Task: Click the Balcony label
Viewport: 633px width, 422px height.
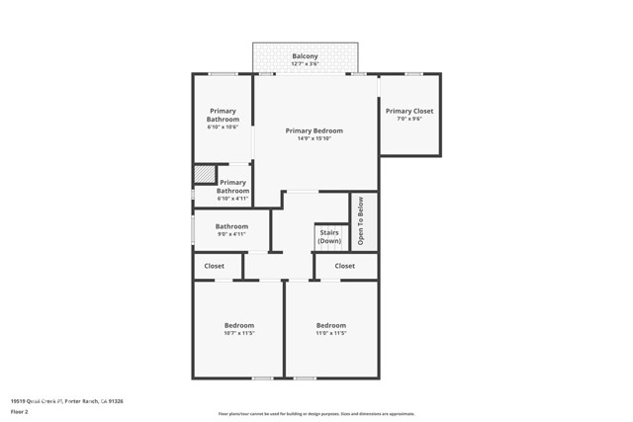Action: (305, 56)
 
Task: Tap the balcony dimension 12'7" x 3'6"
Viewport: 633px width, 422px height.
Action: (305, 64)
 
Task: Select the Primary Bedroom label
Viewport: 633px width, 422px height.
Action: (314, 130)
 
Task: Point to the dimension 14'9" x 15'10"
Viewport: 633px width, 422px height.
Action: (314, 138)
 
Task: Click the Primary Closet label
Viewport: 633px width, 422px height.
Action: (408, 111)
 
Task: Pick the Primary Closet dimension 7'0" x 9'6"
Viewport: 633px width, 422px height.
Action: (408, 119)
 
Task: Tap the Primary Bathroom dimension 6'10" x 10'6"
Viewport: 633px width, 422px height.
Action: (223, 127)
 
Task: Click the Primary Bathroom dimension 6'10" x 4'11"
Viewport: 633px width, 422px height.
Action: (232, 199)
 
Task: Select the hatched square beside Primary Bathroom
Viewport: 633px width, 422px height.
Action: (203, 174)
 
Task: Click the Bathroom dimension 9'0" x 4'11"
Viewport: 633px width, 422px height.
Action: (231, 234)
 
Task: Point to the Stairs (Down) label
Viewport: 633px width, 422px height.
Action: (329, 237)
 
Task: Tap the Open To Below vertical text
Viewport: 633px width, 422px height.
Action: (362, 220)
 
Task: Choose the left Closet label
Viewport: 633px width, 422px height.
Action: (215, 266)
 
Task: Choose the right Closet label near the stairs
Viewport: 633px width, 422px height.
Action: (344, 266)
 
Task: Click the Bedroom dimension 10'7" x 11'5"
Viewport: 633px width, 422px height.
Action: (238, 333)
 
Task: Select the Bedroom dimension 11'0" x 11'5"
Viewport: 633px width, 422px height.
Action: (330, 333)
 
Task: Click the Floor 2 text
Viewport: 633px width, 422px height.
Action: (19, 411)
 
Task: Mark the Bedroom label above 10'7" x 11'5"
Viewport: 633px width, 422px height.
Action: (238, 325)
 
